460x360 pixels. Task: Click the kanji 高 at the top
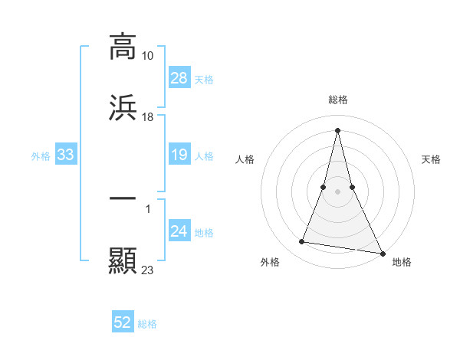(123, 47)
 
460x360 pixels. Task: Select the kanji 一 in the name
(123, 198)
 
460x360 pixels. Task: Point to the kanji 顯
(123, 260)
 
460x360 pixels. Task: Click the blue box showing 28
(179, 77)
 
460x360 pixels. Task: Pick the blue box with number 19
(179, 155)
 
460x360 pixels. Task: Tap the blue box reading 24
(179, 231)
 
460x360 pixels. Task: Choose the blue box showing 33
(66, 155)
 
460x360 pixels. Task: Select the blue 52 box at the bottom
(123, 322)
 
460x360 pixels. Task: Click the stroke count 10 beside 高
(148, 56)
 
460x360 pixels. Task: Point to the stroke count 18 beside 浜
(148, 117)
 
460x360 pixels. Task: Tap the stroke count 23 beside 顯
(148, 270)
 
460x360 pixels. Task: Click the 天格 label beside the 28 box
(204, 79)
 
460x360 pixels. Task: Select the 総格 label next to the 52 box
(147, 324)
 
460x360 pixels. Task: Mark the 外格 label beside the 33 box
(41, 156)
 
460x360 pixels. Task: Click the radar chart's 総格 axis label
(338, 100)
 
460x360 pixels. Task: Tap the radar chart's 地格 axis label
(402, 262)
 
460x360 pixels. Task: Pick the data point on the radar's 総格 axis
(338, 129)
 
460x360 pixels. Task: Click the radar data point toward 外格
(302, 242)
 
